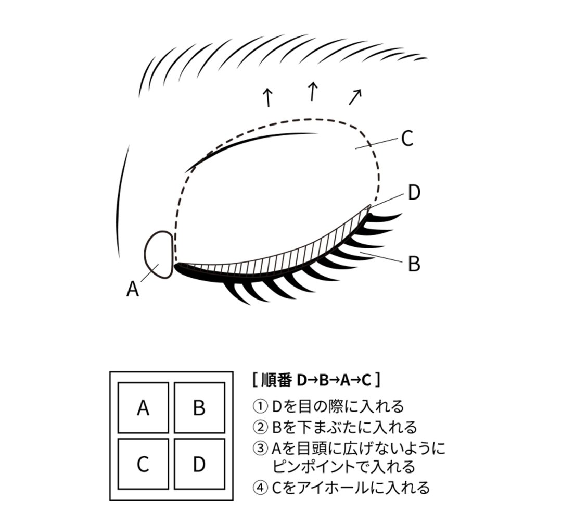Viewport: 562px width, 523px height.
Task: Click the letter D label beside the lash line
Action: [414, 193]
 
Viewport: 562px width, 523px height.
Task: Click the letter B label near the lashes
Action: [414, 264]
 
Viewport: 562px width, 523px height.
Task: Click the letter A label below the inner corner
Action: [133, 289]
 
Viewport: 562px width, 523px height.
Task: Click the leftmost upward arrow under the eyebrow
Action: [267, 97]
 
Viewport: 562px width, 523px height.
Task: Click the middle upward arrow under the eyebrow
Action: [312, 92]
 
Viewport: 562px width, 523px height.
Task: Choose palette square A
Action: [143, 408]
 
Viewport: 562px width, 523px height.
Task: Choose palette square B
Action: [199, 408]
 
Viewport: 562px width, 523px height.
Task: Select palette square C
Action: [143, 464]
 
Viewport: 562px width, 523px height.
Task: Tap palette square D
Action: [199, 464]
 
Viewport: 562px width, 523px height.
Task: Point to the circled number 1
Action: [259, 406]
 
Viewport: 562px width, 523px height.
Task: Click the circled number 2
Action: [259, 428]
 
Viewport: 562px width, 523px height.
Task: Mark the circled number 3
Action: [259, 448]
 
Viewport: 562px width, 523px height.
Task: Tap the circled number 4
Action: [259, 488]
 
